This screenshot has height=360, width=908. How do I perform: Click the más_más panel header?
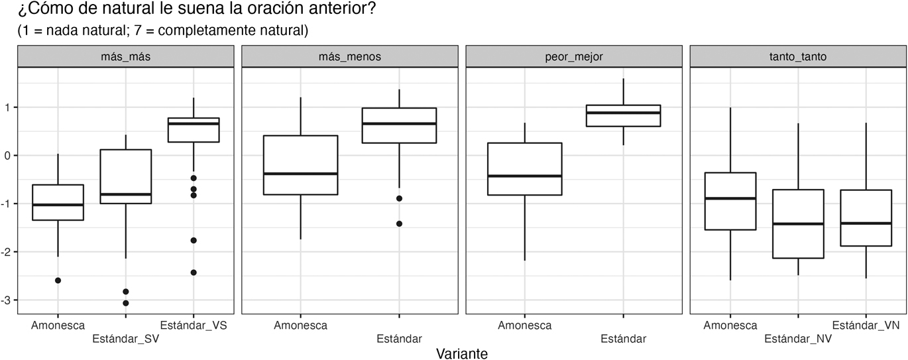(125, 56)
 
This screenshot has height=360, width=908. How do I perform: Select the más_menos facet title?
(349, 56)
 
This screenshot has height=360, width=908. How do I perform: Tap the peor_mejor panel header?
(574, 56)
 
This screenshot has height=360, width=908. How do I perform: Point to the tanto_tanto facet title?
(798, 56)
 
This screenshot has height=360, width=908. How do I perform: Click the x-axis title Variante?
(462, 353)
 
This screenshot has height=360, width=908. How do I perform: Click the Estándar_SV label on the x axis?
(125, 339)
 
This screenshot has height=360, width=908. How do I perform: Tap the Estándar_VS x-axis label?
(194, 325)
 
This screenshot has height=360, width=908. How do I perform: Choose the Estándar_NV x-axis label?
(798, 339)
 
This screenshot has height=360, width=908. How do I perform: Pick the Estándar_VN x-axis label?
(866, 325)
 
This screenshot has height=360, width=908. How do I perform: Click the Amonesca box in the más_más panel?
(58, 202)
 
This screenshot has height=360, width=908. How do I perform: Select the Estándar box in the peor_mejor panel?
(623, 115)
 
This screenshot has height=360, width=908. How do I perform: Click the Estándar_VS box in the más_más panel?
(194, 130)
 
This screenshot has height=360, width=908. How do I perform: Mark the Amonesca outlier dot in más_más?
(58, 280)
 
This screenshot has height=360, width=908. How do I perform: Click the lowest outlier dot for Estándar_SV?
(126, 303)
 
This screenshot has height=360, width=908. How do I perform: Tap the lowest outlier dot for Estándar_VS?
(194, 272)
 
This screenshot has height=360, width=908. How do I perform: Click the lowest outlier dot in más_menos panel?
(399, 223)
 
